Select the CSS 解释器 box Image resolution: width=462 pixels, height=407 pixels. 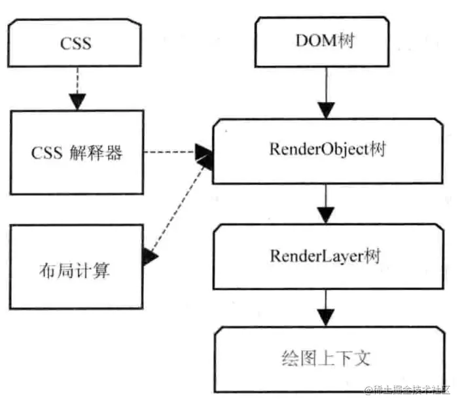tap(77, 152)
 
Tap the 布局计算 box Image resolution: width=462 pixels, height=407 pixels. tap(77, 267)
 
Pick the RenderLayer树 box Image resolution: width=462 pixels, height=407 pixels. tap(325, 255)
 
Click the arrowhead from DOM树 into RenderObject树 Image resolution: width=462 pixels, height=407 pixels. tap(325, 111)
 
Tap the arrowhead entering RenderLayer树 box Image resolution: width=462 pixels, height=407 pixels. tap(325, 215)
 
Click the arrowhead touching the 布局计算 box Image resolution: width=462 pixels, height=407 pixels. tap(151, 257)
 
